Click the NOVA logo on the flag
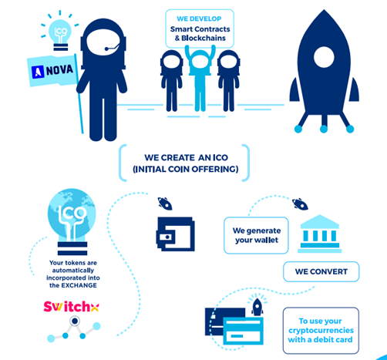pyautogui.click(x=52, y=71)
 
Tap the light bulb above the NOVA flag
pyautogui.click(x=60, y=35)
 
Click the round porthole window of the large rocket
pyautogui.click(x=324, y=57)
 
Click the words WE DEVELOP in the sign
pyautogui.click(x=199, y=19)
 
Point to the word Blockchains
pyautogui.click(x=204, y=38)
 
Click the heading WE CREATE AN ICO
pyautogui.click(x=186, y=157)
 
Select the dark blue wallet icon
pyautogui.click(x=175, y=234)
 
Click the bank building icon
pyautogui.click(x=320, y=234)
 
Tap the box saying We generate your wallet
pyautogui.click(x=256, y=235)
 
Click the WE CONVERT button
pyautogui.click(x=321, y=271)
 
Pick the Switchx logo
pyautogui.click(x=71, y=306)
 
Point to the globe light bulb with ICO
pyautogui.click(x=72, y=221)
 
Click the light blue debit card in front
pyautogui.click(x=243, y=331)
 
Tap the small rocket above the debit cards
pyautogui.click(x=257, y=307)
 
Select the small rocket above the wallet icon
pyautogui.click(x=165, y=204)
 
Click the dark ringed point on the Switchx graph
pyautogui.click(x=75, y=321)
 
